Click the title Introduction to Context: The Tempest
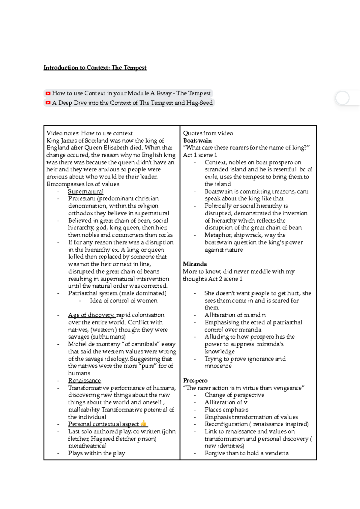95,68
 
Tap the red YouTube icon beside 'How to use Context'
48,94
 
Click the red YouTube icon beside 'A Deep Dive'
48,103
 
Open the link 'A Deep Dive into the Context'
132,103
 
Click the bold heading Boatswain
197,141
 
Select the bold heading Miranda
195,264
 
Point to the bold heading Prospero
195,381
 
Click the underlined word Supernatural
85,192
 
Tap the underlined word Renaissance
84,381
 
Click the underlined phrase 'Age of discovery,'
91,315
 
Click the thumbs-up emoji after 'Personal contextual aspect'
143,424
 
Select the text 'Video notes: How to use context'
89,133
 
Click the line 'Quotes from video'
208,133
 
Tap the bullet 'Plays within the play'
96,453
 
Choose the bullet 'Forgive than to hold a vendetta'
246,453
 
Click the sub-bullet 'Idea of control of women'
123,301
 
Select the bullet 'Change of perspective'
234,395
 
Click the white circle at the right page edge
342,98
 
